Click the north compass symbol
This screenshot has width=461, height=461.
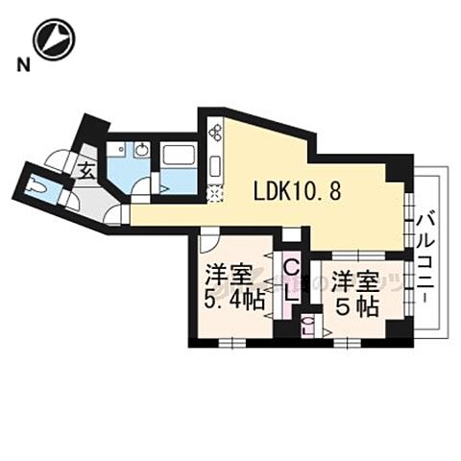(x=55, y=39)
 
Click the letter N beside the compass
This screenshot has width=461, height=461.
(x=21, y=65)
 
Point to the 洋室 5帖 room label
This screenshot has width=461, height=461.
(x=353, y=295)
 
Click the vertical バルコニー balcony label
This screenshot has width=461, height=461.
(x=424, y=256)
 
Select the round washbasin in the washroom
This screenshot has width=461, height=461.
(x=141, y=150)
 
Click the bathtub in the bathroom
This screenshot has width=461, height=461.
(x=179, y=155)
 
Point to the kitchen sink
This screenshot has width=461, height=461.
(x=216, y=166)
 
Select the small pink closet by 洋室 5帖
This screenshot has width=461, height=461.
(x=308, y=325)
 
